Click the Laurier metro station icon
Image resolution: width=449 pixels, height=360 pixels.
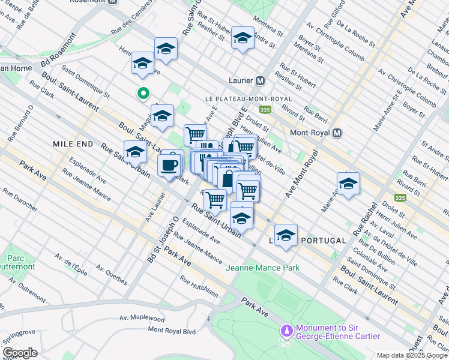[x=261, y=80]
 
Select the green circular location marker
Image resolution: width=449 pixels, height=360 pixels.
[x=143, y=93]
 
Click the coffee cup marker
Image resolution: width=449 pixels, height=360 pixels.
[x=169, y=164]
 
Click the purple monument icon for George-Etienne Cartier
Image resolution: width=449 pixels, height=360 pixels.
[x=286, y=330]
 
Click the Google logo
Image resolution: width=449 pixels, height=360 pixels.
[x=20, y=353]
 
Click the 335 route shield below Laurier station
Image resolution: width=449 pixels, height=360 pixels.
[x=265, y=110]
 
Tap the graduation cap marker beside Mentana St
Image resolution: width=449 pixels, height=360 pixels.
[x=242, y=38]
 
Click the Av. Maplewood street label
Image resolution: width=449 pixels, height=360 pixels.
[x=142, y=319]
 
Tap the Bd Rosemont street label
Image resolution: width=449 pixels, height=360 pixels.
[x=60, y=50]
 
